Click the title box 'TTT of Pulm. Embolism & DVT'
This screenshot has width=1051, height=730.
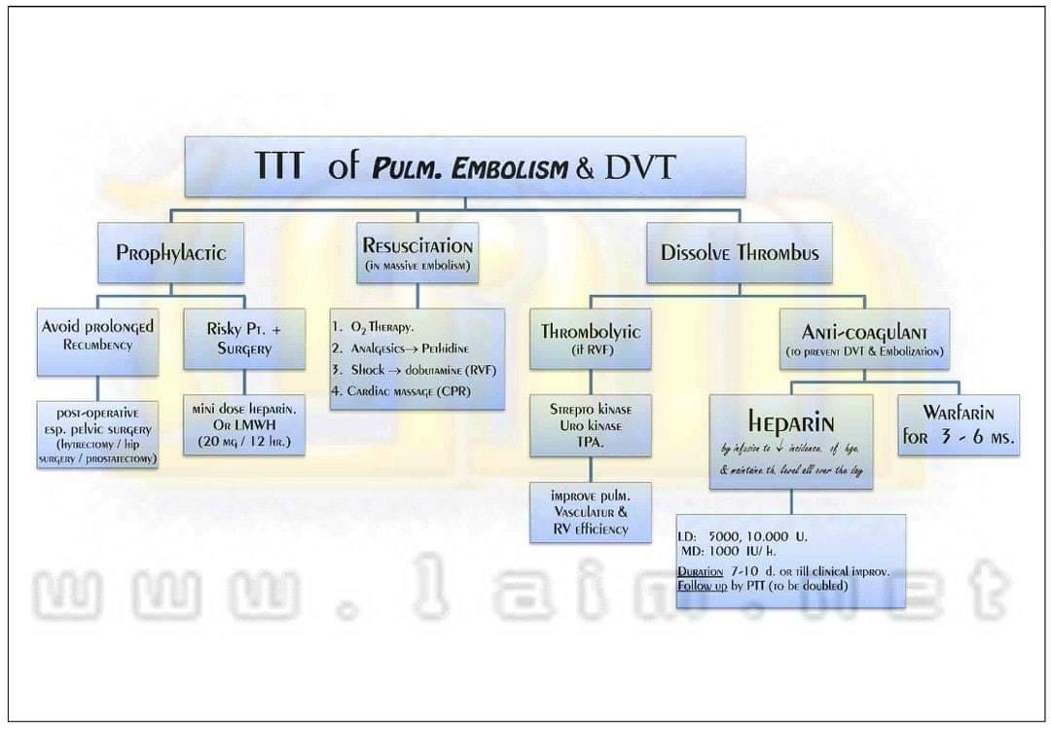[464, 166]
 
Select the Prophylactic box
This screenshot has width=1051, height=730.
[170, 253]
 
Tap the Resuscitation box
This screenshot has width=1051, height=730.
[417, 252]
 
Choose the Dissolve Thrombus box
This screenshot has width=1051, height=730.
[739, 253]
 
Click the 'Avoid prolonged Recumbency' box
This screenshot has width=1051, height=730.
[97, 341]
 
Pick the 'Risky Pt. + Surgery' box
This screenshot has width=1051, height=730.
[243, 339]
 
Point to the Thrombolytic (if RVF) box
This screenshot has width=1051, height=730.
[590, 339]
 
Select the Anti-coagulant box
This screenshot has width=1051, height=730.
[864, 339]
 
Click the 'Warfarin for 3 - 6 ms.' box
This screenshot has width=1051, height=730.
[959, 425]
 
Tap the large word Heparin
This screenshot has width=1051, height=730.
[790, 421]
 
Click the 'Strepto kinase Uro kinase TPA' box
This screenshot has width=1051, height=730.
[590, 425]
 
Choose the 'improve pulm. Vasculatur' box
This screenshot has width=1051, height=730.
[590, 512]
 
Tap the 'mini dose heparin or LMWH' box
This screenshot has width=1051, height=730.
[243, 424]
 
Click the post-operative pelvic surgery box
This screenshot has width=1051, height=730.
[97, 434]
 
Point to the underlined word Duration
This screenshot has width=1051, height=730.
[700, 571]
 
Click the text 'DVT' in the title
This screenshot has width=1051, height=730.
[639, 166]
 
